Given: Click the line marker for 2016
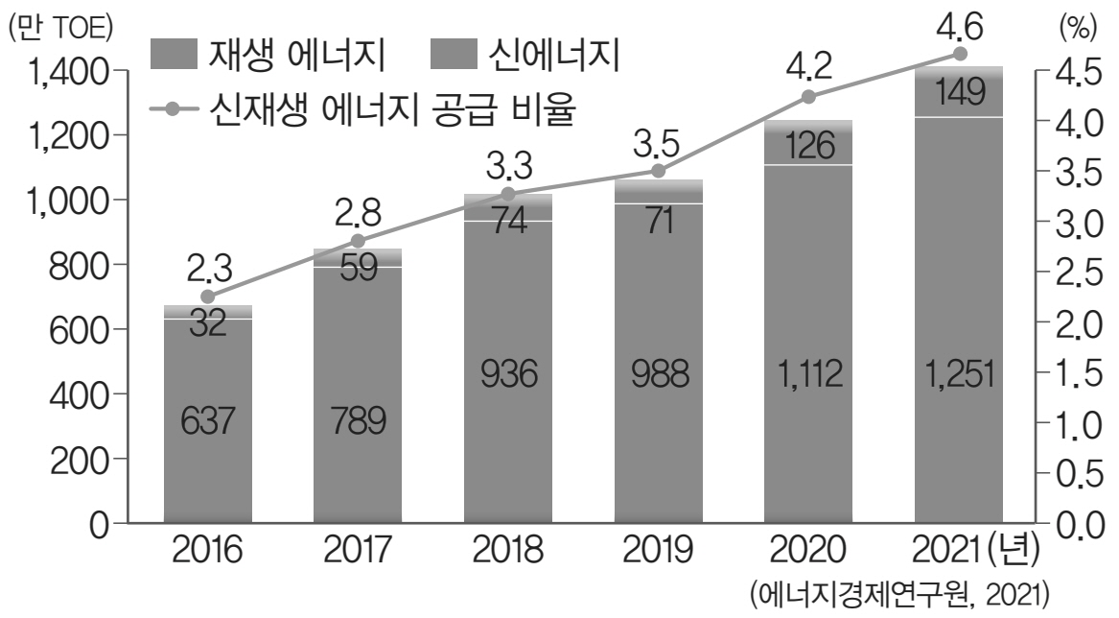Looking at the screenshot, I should click(208, 297).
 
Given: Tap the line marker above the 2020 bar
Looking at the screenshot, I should click(808, 96).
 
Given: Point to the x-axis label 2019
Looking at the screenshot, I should click(659, 554).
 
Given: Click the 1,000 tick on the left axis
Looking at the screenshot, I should click(59, 201).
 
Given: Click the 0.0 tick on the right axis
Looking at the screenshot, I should click(1074, 525).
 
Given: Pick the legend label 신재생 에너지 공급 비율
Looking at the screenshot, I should click(390, 110).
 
